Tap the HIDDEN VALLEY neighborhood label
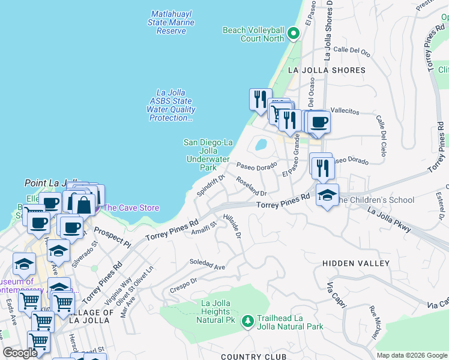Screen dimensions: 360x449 click(355, 263)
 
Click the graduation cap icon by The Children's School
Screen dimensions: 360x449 click(327, 196)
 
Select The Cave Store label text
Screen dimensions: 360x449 click(131, 208)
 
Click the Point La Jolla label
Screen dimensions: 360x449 click(52, 183)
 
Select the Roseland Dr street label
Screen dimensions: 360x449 click(251, 186)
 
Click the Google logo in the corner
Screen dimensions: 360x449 click(20, 353)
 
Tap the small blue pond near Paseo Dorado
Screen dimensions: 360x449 click(261, 145)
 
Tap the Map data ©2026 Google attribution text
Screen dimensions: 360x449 click(411, 355)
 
